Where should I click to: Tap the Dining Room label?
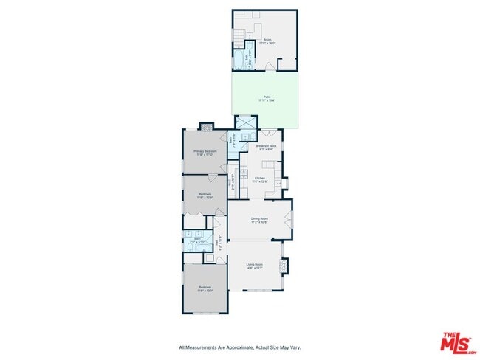pos(258,219)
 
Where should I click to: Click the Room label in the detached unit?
pos(267,39)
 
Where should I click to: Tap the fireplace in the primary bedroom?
pos(206,126)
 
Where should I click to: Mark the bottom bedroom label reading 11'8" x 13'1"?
pos(205,288)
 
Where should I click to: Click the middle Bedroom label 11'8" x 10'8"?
pos(205,196)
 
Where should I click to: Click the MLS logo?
pos(457,343)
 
